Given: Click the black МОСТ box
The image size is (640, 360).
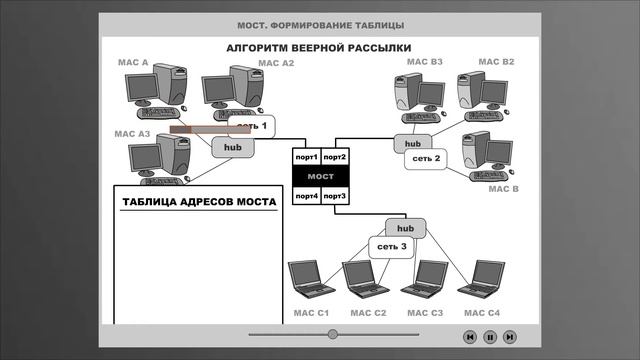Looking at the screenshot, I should pyautogui.click(x=320, y=176).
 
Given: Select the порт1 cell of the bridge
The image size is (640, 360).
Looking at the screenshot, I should pyautogui.click(x=306, y=157).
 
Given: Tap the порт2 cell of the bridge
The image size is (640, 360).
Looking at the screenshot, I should pyautogui.click(x=334, y=157).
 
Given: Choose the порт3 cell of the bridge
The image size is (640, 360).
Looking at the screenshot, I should pyautogui.click(x=334, y=196).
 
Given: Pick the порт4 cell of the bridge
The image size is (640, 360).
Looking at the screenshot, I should pyautogui.click(x=306, y=196).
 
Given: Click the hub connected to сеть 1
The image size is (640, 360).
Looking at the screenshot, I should pyautogui.click(x=233, y=147).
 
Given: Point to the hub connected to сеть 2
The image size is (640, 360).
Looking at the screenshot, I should pyautogui.click(x=407, y=142).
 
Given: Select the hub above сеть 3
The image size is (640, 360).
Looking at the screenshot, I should pyautogui.click(x=406, y=228).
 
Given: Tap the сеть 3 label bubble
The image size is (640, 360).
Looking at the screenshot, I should pyautogui.click(x=391, y=246).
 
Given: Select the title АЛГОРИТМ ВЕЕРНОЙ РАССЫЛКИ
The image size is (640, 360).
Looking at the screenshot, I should pyautogui.click(x=318, y=48).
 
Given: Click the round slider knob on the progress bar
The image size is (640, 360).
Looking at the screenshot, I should pyautogui.click(x=333, y=334).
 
